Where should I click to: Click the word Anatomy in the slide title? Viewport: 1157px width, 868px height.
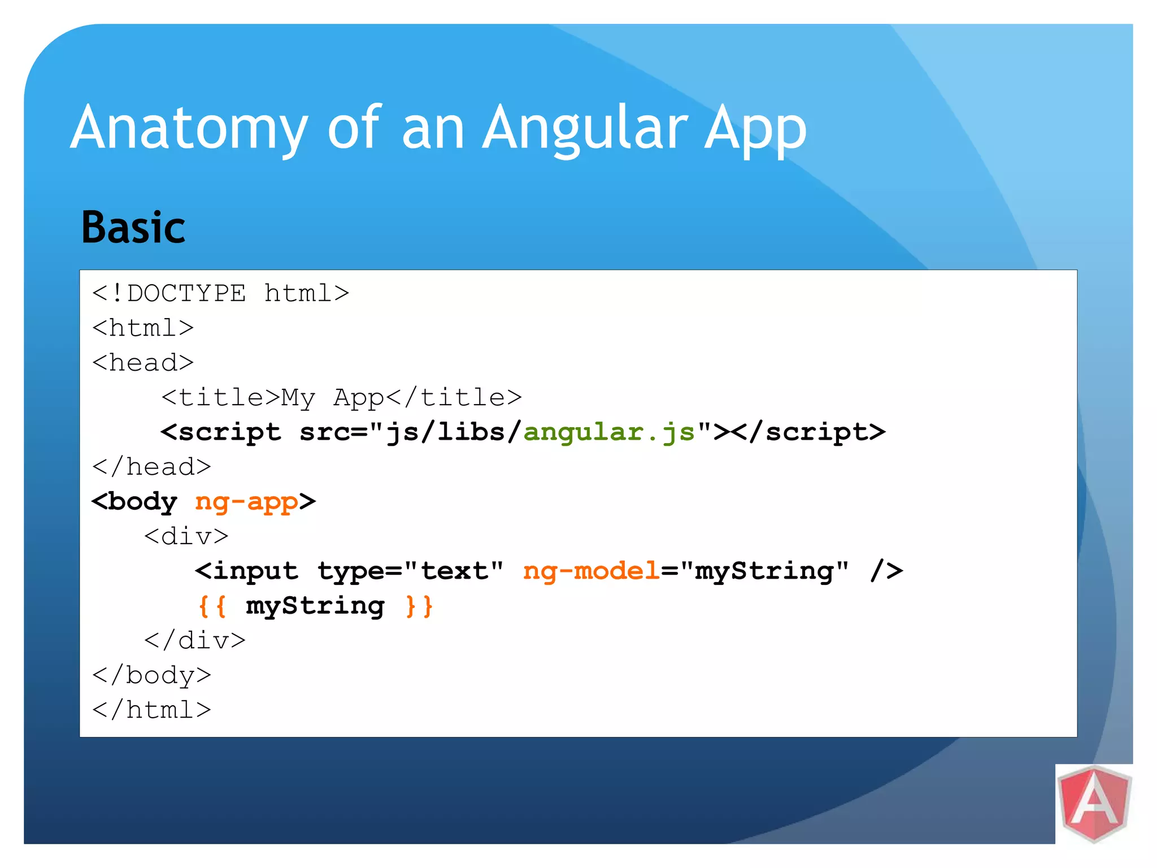189,129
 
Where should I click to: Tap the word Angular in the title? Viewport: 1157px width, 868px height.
585,129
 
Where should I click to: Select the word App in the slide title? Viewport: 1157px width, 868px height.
755,129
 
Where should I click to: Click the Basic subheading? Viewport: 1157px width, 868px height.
133,228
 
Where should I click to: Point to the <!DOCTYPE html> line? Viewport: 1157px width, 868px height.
221,294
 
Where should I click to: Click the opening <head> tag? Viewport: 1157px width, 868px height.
143,363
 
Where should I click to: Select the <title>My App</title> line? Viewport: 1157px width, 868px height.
341,398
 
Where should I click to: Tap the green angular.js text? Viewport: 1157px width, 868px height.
609,433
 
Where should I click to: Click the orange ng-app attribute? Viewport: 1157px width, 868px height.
246,502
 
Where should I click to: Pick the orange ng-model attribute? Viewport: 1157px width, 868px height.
591,571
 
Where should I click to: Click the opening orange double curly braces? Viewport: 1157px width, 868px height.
212,606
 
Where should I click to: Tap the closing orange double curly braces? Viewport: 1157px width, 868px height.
419,606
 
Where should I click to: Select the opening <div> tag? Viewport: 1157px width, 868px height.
186,536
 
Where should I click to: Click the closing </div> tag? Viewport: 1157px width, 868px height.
195,641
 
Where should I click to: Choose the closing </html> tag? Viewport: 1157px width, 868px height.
152,710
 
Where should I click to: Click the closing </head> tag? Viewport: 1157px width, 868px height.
152,467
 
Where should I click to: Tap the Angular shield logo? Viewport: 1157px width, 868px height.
1094,804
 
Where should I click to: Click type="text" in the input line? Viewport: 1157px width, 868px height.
410,571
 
